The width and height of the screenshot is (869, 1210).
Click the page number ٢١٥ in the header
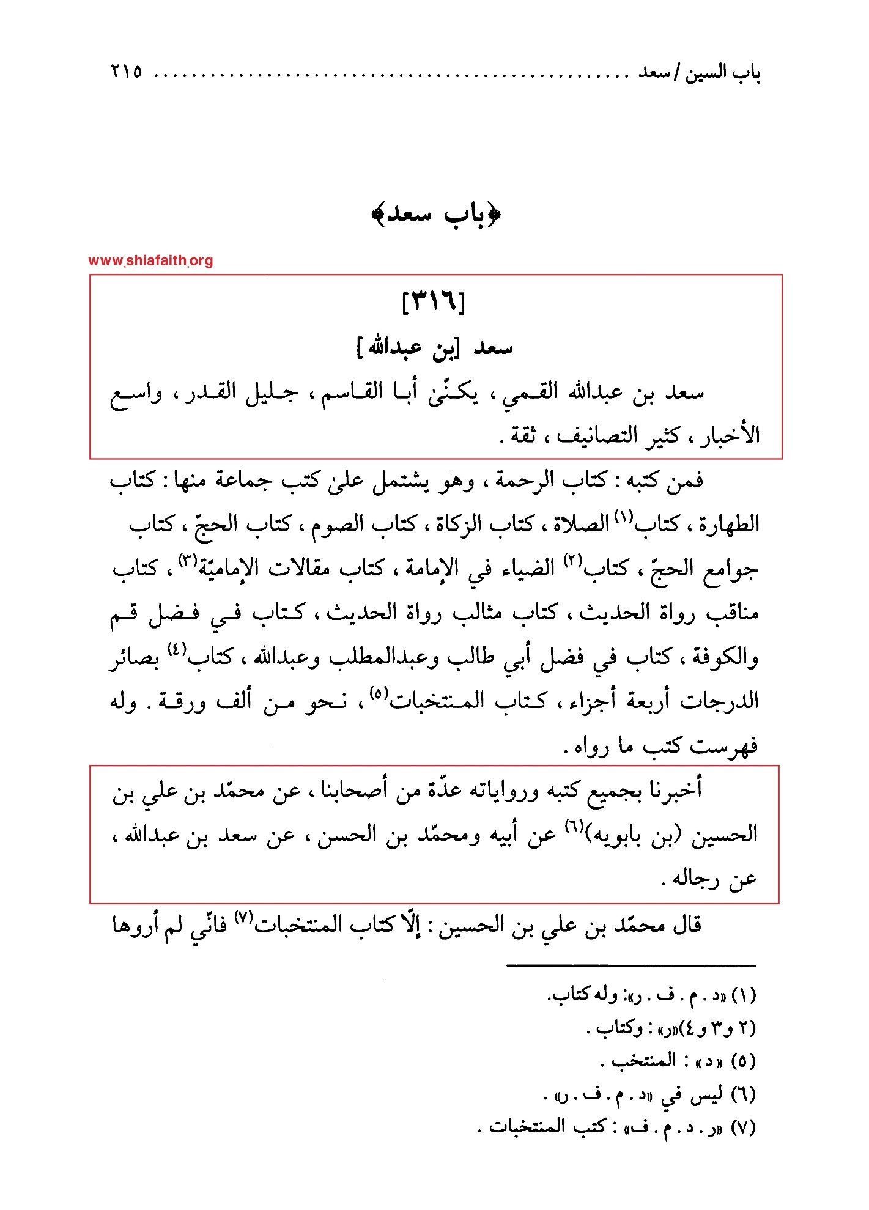(x=127, y=72)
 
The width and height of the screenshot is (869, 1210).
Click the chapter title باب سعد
(x=436, y=215)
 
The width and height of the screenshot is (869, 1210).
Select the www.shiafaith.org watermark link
(x=150, y=260)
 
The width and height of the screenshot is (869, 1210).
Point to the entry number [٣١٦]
(x=434, y=301)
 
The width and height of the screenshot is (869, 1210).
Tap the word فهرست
(x=725, y=746)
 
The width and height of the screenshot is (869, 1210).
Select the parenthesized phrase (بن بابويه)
(x=634, y=835)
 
